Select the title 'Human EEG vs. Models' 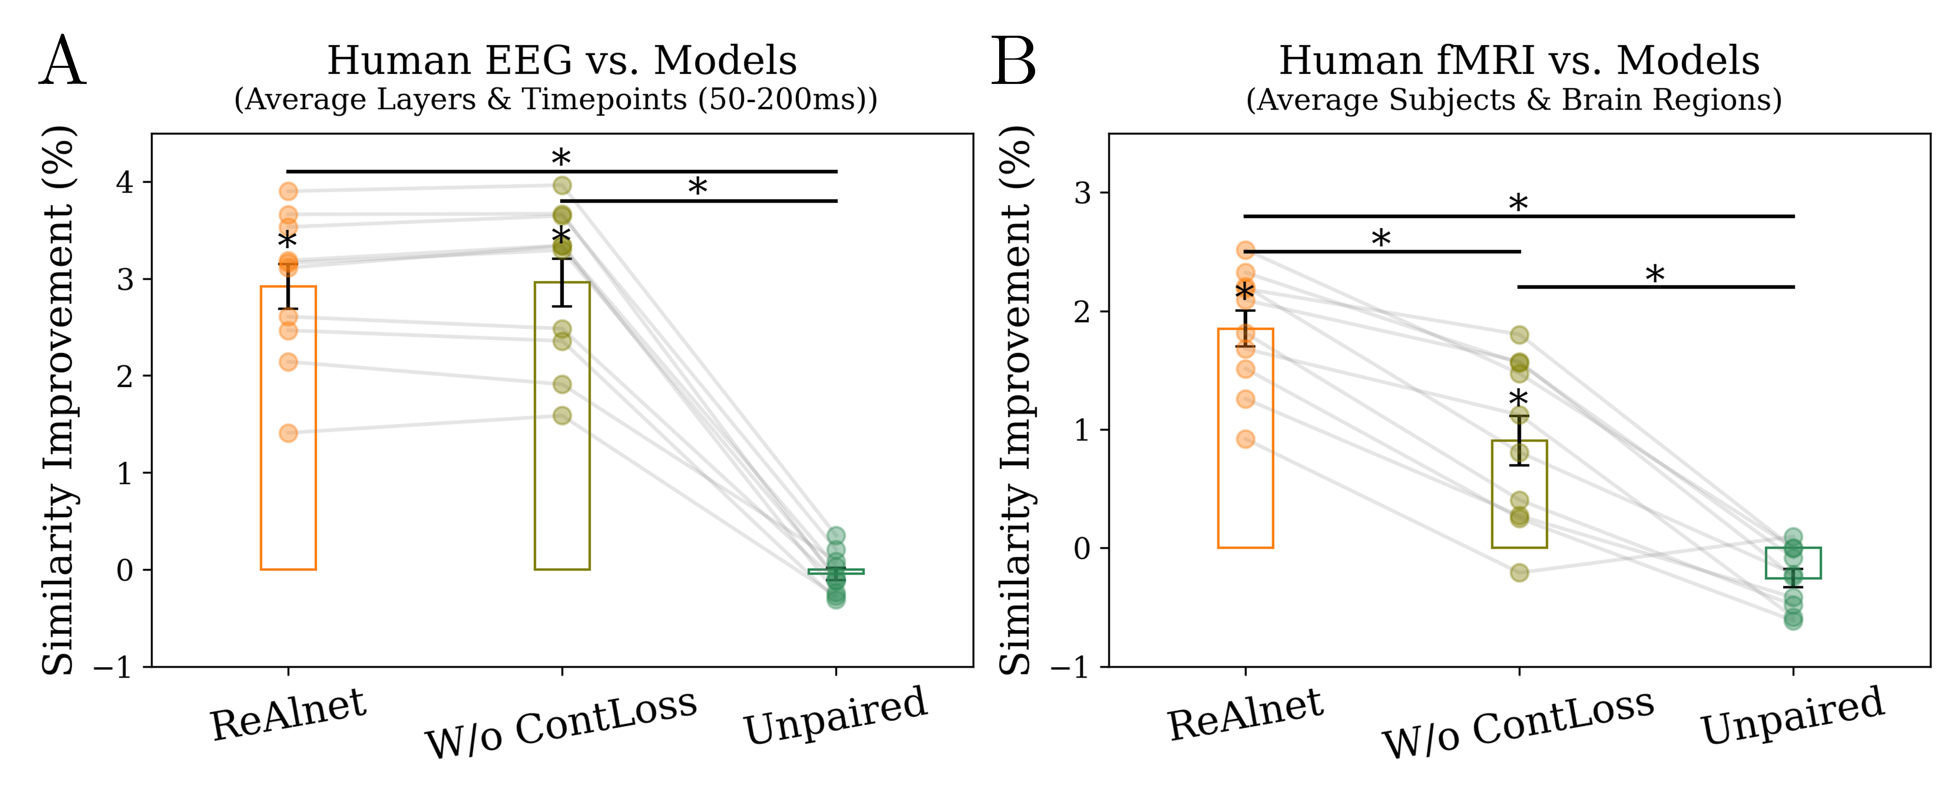point(562,60)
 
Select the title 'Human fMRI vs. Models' point(1518,60)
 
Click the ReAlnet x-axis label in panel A point(288,714)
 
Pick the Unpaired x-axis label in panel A point(836,714)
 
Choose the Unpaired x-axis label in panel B point(1792,714)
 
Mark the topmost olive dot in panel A point(562,185)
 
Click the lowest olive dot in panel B point(1519,572)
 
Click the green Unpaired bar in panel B point(1793,563)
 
